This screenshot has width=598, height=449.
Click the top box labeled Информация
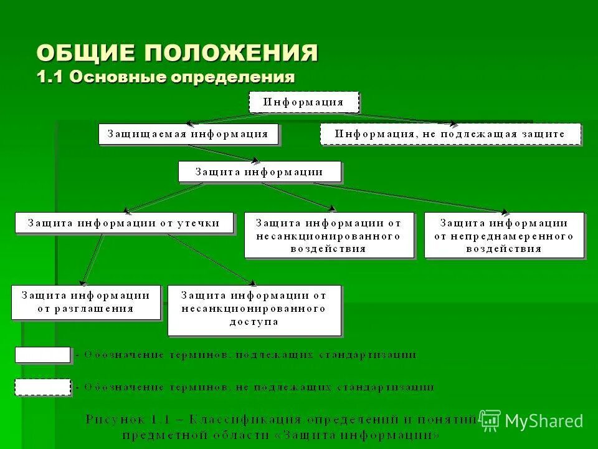tap(304, 102)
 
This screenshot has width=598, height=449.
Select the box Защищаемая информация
tap(188, 134)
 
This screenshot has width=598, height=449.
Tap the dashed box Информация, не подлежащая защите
tap(450, 134)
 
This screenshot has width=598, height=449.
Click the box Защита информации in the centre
tap(259, 171)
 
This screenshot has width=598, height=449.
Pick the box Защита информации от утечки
tap(125, 223)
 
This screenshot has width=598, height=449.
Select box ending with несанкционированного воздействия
tap(328, 235)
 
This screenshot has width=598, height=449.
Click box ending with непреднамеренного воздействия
tap(504, 235)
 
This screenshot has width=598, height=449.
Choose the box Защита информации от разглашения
tap(86, 302)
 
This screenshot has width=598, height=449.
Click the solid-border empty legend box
tap(42, 355)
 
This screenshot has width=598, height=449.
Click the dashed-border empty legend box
tap(42, 387)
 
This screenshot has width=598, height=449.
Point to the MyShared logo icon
tap(490, 421)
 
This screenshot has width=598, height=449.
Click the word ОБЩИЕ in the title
tap(87, 52)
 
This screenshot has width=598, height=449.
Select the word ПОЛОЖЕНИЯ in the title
tap(232, 52)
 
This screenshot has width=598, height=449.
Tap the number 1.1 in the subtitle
tap(50, 78)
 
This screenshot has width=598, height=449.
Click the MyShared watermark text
tap(544, 422)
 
